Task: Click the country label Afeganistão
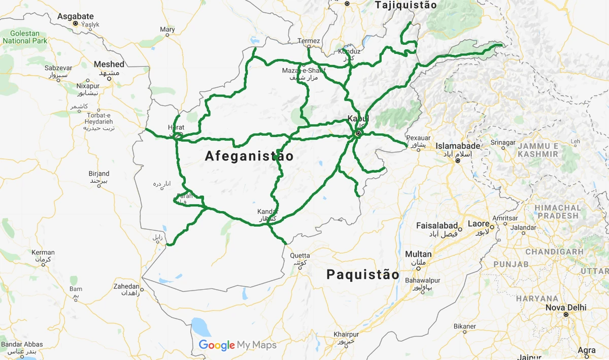[249, 156]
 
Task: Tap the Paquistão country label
[362, 275]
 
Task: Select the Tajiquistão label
[405, 5]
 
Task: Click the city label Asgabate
[76, 16]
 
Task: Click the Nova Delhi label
[565, 308]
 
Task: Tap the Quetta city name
[300, 255]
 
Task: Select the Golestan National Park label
[24, 37]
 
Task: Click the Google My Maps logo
[238, 345]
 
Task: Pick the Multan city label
[418, 254]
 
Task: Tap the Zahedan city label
[126, 286]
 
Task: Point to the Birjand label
[99, 174]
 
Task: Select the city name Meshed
[109, 64]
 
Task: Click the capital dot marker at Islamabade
[457, 160]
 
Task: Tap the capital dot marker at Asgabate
[75, 23]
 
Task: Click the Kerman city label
[43, 252]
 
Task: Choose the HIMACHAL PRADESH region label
[557, 212]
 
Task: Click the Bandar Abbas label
[22, 345]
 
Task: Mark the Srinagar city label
[502, 143]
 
